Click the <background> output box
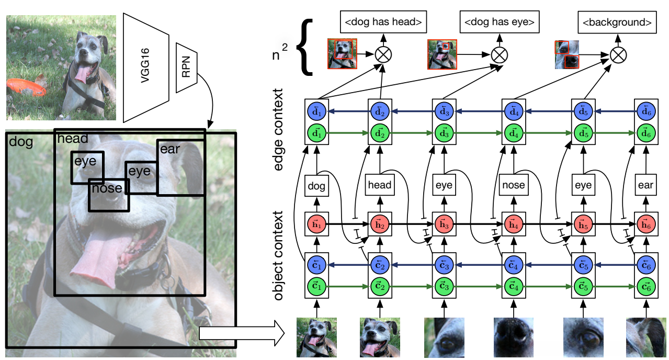point(617,22)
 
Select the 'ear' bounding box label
point(170,150)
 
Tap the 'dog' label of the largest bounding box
point(21,142)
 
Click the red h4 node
point(513,223)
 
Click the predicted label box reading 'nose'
point(513,185)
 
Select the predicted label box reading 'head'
point(380,185)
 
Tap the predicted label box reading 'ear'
point(646,185)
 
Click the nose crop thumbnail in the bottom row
point(514,337)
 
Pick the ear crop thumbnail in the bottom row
point(647,337)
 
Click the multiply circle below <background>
point(618,54)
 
